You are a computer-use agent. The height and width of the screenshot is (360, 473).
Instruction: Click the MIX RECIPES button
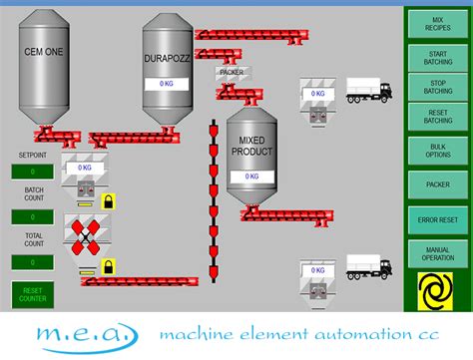coord(437,24)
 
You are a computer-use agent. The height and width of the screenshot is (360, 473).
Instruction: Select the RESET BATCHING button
coord(437,118)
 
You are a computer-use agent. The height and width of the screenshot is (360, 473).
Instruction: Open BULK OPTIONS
coord(437,150)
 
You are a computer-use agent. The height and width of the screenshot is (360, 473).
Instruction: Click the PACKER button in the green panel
coord(437,184)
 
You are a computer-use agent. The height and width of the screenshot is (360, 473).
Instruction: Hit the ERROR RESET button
coord(437,219)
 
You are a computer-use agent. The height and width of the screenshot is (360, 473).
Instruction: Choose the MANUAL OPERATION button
coord(437,253)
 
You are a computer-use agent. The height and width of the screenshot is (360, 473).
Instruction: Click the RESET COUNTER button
coord(33,293)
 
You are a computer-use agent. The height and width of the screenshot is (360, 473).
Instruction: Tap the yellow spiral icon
coord(437,288)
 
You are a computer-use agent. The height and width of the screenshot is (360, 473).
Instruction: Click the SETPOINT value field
coord(33,172)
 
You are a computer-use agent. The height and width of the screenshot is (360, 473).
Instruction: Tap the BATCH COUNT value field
coord(33,216)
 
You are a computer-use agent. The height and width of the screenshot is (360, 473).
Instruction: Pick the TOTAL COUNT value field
coord(33,261)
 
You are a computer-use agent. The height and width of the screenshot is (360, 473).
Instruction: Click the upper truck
coord(368,91)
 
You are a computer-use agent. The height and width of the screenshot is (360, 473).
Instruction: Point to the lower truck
coord(368,266)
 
